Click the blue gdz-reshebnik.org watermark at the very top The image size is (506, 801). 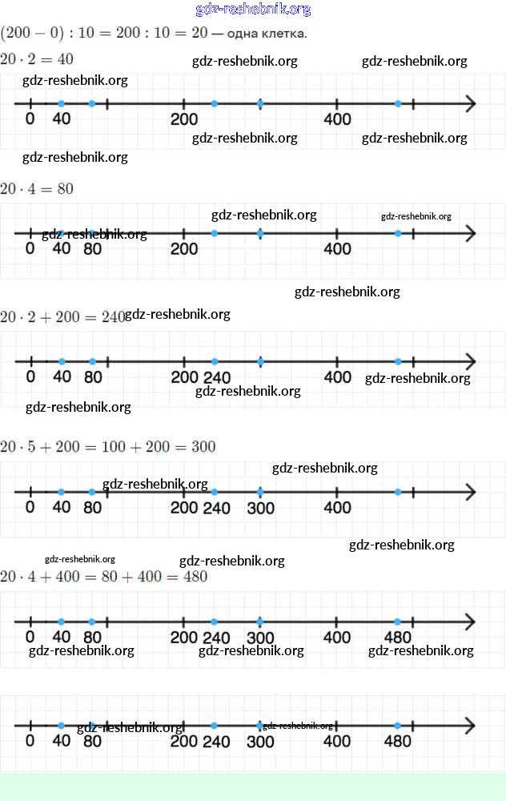click(253, 10)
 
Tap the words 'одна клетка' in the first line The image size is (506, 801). click(267, 34)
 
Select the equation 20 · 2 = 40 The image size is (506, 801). click(37, 59)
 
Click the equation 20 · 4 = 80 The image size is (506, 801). click(37, 189)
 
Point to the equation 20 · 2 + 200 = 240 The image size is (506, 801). click(62, 316)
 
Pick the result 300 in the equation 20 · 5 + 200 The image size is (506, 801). click(203, 446)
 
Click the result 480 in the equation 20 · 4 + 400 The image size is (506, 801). click(195, 576)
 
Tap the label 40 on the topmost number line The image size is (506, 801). click(62, 119)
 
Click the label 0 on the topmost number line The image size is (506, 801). click(30, 119)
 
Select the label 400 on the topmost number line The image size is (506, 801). click(337, 119)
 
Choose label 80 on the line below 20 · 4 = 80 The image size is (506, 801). click(92, 248)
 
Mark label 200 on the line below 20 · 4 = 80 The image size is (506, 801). click(184, 248)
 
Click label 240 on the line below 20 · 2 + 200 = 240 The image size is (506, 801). click(216, 377)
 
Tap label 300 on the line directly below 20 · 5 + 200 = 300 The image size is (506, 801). click(260, 508)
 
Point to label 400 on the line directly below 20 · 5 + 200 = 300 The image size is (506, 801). click(337, 508)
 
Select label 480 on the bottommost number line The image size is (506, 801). click(398, 741)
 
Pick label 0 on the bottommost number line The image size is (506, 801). click(30, 741)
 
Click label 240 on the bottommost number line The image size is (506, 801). click(216, 741)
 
